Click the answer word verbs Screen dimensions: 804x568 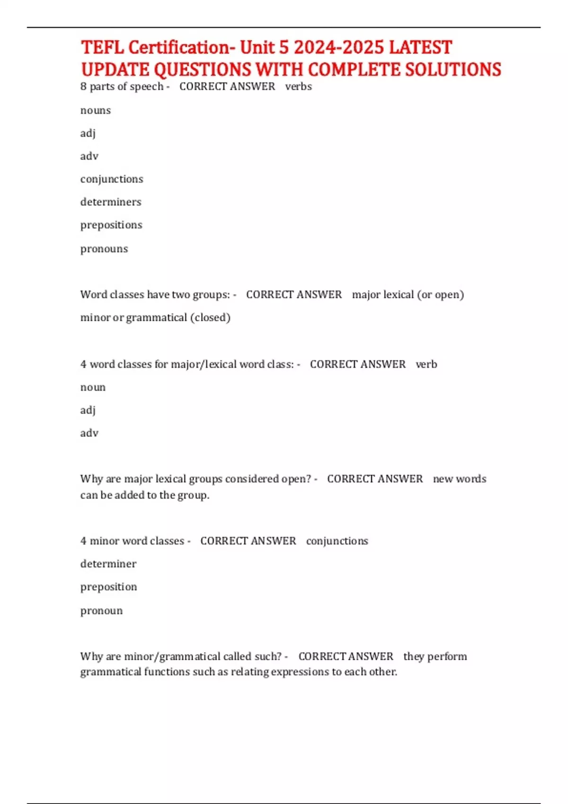click(298, 87)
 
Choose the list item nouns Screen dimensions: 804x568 click(95, 110)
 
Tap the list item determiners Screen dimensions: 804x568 click(111, 202)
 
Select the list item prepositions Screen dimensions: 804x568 click(111, 225)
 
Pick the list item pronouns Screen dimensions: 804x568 click(104, 249)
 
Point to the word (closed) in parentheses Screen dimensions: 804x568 click(210, 317)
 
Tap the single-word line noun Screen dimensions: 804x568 click(93, 387)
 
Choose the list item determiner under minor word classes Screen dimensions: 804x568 click(108, 564)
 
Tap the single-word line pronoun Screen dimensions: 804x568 click(101, 611)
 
